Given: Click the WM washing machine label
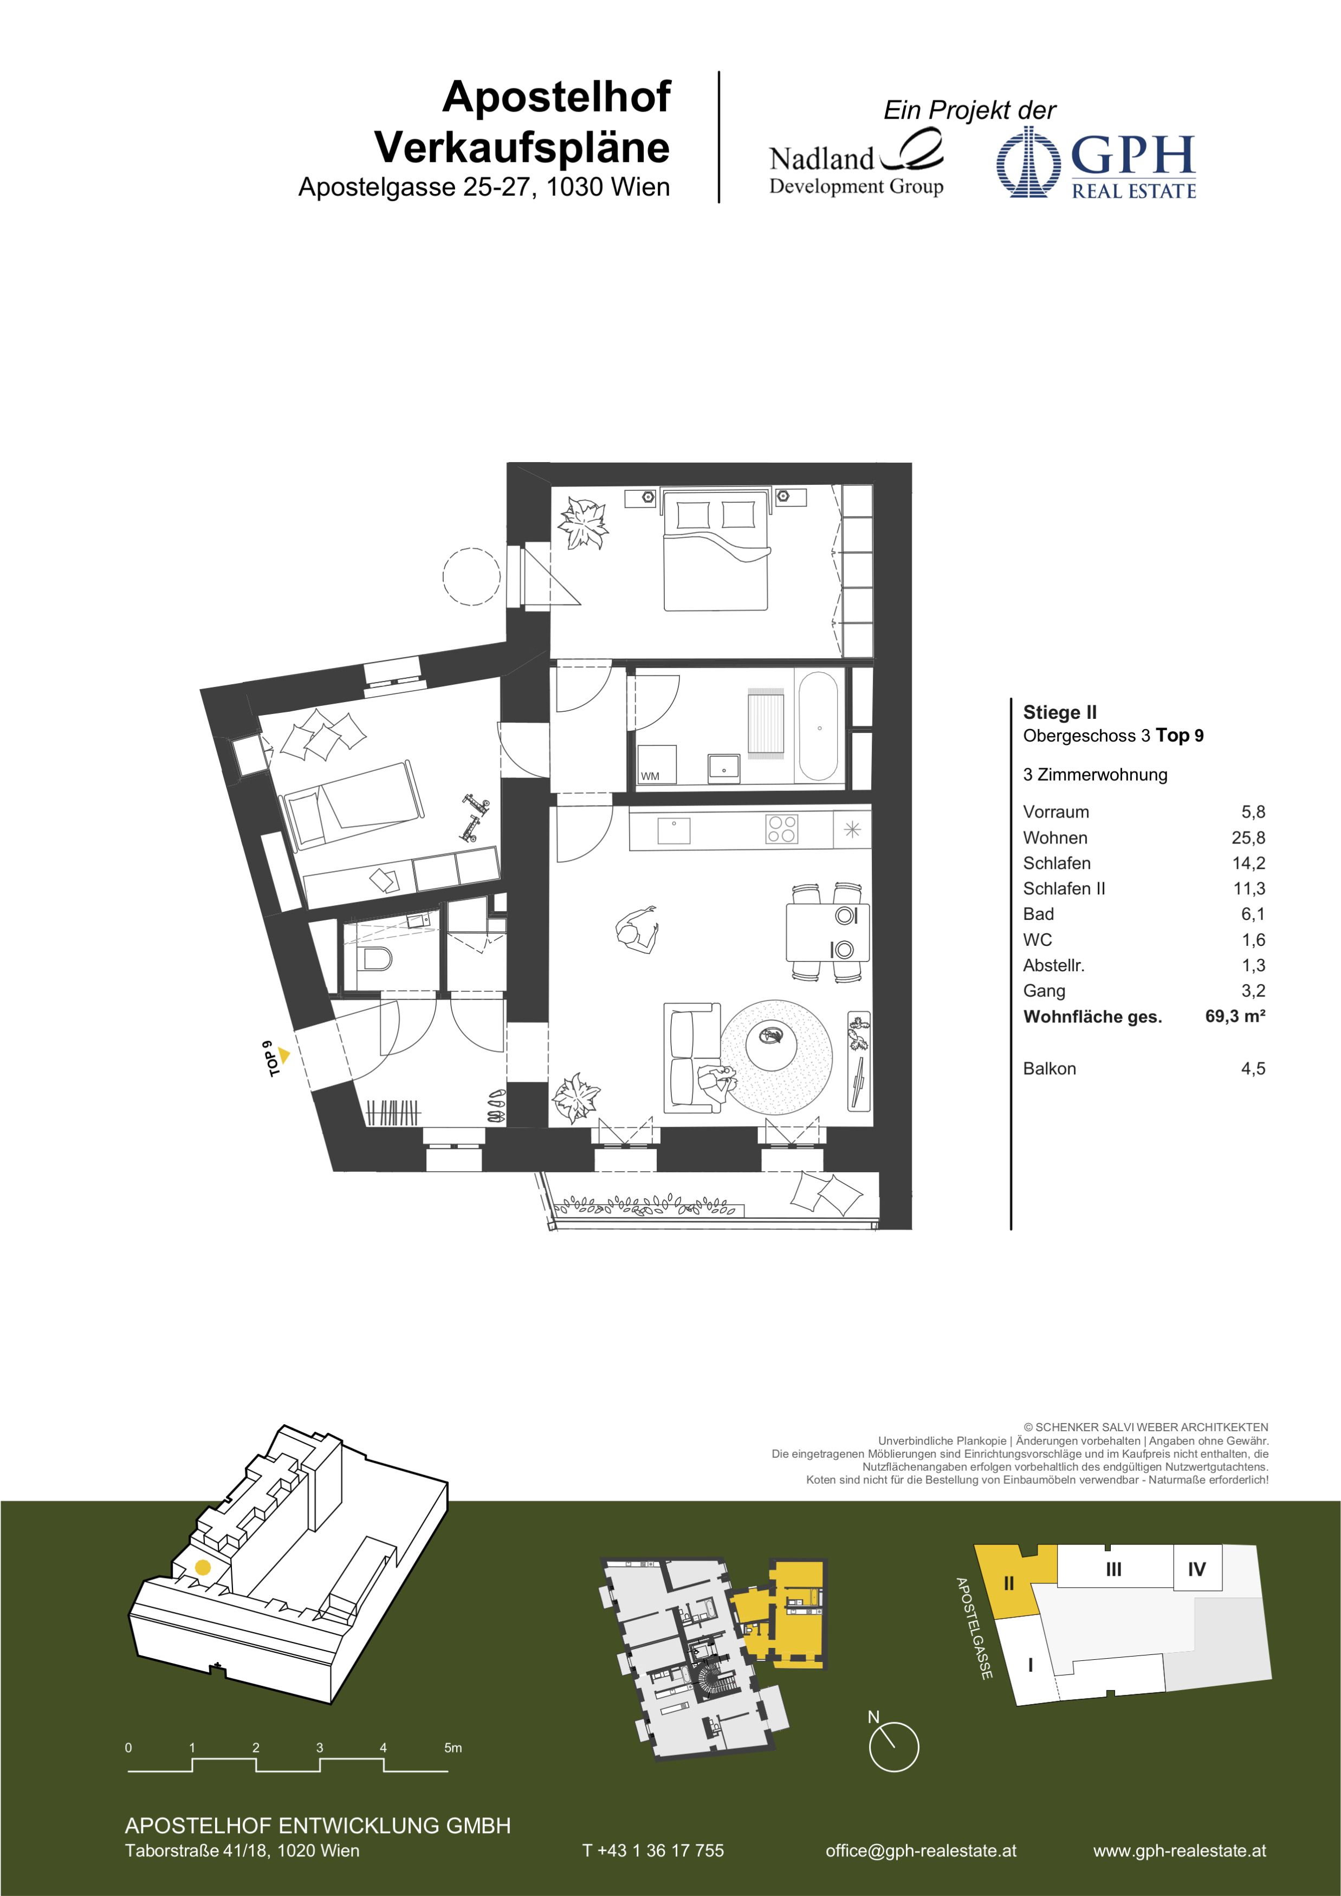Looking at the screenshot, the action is (x=650, y=776).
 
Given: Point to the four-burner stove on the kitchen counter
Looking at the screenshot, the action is (x=781, y=828).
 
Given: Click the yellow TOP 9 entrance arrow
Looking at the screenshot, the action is (x=283, y=1055).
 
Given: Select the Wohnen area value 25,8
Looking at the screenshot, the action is (x=1248, y=837).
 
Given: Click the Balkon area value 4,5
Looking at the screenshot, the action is (x=1253, y=1069).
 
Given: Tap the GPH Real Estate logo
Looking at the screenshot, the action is (x=1096, y=163).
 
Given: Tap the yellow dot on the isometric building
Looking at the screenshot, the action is (x=202, y=1567).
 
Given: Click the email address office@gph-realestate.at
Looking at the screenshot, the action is (x=921, y=1850).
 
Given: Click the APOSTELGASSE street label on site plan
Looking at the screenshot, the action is (x=974, y=1628).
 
